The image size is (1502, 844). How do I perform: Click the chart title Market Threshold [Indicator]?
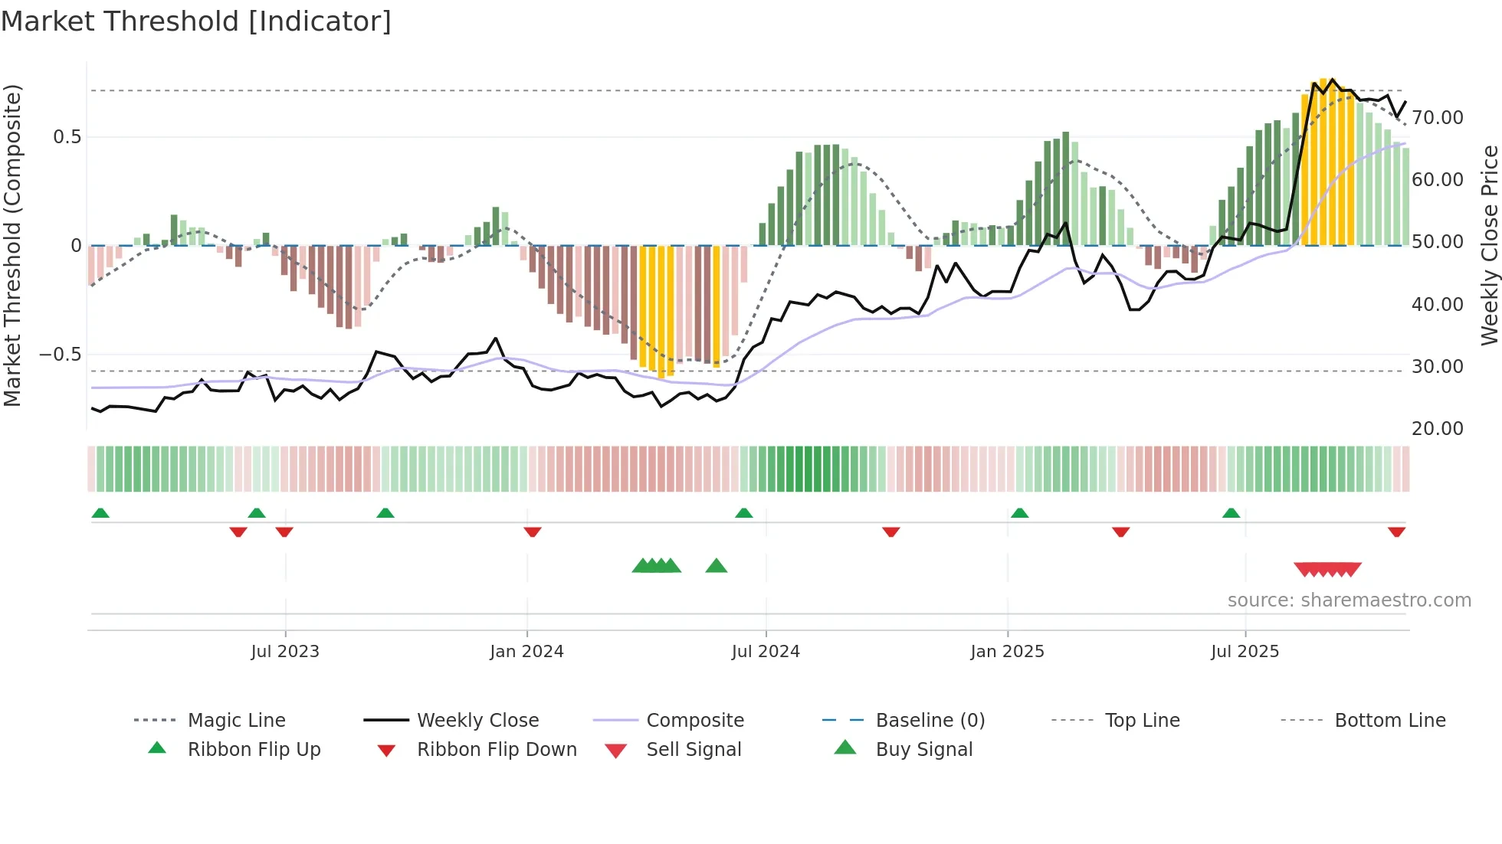(x=196, y=21)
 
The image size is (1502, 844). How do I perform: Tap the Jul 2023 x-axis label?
(x=285, y=652)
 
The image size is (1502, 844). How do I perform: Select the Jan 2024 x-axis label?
(x=526, y=652)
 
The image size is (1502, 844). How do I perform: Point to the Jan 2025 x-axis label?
(x=1007, y=652)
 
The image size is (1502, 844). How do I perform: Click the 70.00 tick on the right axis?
(x=1438, y=118)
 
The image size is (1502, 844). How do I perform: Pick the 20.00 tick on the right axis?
(x=1438, y=429)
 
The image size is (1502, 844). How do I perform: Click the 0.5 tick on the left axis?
(x=67, y=137)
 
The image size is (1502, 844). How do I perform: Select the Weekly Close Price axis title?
(x=1489, y=245)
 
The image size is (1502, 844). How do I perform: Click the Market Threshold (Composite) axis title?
(x=13, y=245)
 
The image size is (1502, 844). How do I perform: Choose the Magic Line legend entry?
(x=236, y=721)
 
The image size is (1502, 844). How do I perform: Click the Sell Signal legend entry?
(x=694, y=750)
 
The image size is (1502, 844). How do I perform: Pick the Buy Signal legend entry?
(x=923, y=750)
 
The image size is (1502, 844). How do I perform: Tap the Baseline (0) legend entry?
(x=930, y=721)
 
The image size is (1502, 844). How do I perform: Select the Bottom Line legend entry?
(x=1389, y=721)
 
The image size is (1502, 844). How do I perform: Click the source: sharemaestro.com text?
(x=1349, y=600)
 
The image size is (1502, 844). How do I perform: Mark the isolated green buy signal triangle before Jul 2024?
(x=716, y=566)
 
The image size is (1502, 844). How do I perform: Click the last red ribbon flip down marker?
(x=1396, y=532)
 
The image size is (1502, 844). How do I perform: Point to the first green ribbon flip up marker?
(x=100, y=513)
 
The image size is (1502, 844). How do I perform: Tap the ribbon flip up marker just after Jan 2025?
(x=1019, y=513)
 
